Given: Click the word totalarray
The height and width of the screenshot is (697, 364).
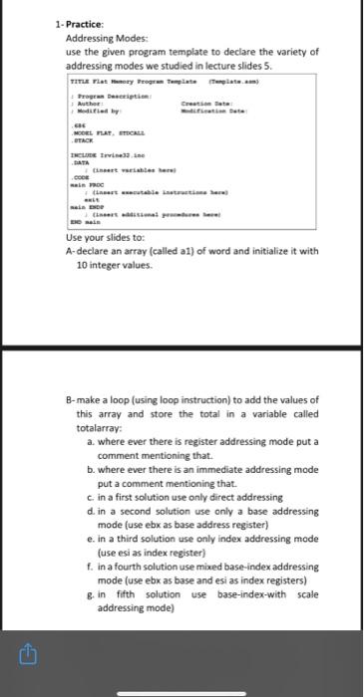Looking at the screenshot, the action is pos(103,426).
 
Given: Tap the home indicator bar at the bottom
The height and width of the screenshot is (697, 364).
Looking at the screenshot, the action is pos(182,691).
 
